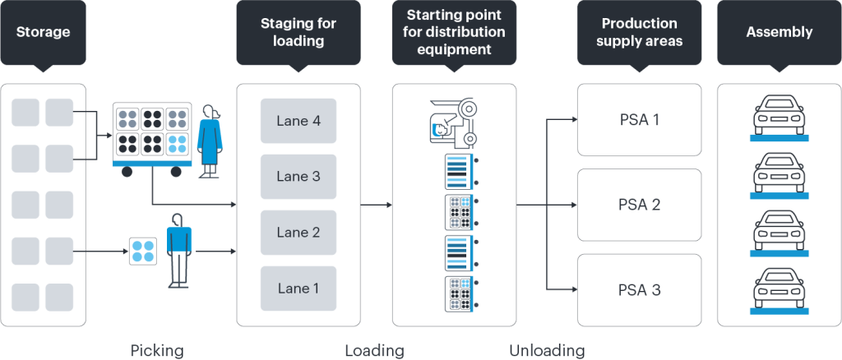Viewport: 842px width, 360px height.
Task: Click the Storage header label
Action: point(43,33)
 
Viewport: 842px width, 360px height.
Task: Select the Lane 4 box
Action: point(298,121)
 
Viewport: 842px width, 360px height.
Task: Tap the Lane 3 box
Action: point(298,177)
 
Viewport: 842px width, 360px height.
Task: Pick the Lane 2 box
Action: point(298,233)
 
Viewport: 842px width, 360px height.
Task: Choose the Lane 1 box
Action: point(298,288)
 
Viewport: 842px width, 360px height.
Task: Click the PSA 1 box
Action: point(639,120)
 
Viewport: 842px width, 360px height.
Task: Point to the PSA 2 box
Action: point(639,205)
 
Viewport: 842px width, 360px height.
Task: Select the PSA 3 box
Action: point(639,289)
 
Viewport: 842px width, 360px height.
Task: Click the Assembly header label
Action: point(779,33)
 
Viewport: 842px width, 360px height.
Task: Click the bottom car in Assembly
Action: point(779,289)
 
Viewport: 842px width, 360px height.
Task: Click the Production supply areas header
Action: point(639,32)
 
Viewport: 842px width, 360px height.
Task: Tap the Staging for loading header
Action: point(298,32)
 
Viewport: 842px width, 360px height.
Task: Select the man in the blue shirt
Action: point(178,248)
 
